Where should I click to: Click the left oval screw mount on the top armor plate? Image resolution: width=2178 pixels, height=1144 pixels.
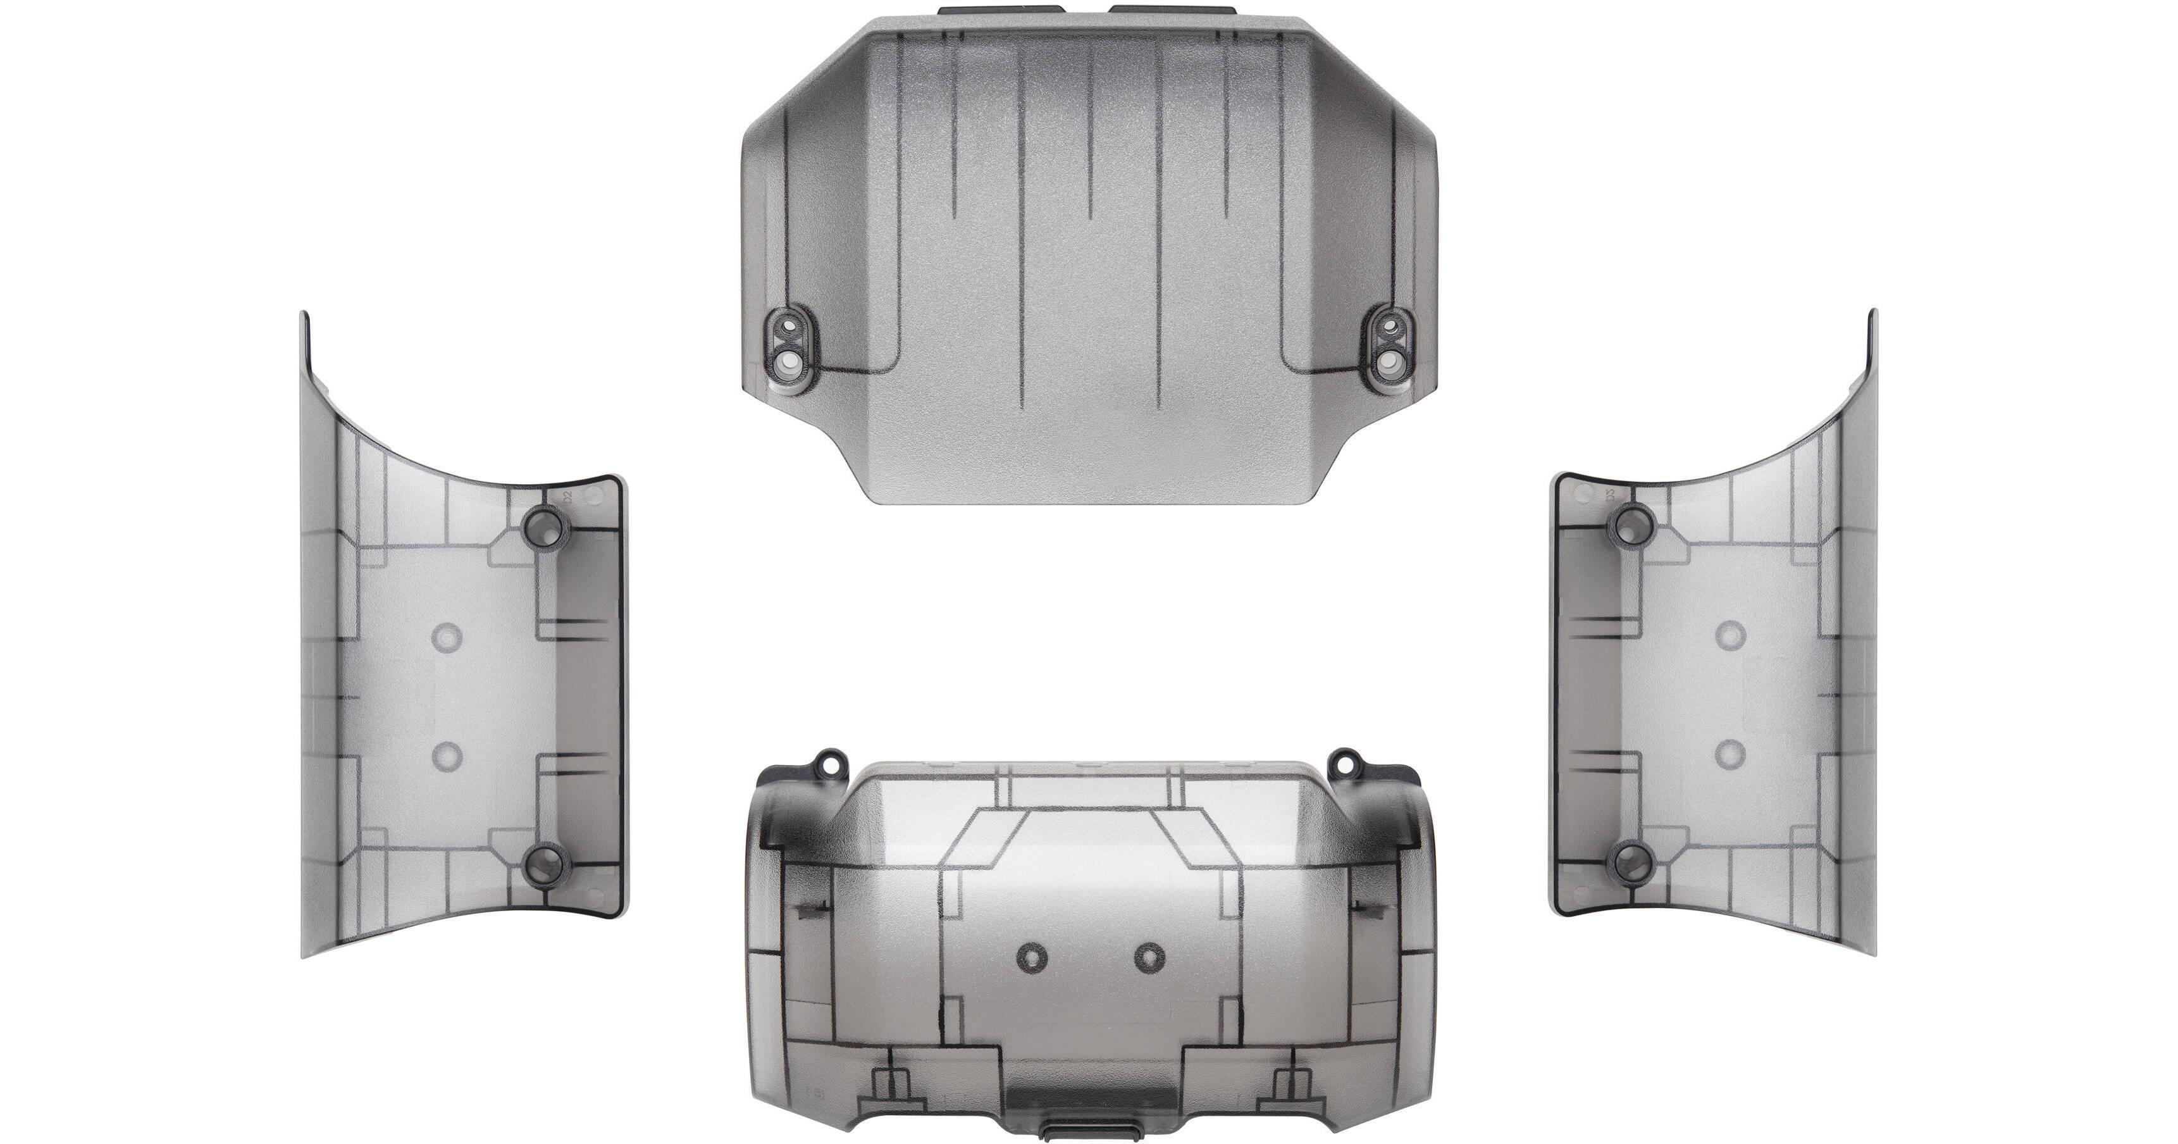pos(791,347)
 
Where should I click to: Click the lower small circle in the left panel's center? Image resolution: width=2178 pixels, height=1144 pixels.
pos(445,757)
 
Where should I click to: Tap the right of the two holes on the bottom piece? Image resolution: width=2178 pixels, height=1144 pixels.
pos(1149,957)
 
